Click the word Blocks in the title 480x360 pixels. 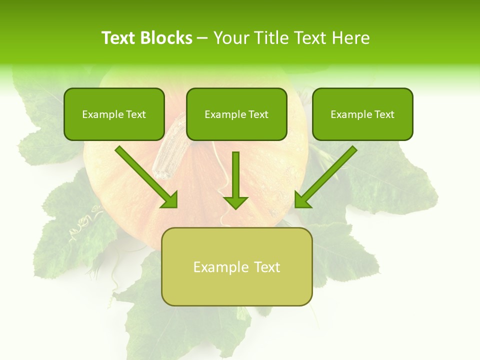166,38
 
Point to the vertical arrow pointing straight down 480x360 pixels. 236,180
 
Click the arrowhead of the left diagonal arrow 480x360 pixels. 170,200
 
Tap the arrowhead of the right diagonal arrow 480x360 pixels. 302,200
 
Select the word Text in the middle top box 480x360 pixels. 258,114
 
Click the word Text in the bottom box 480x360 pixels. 267,267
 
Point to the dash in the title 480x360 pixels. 202,38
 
